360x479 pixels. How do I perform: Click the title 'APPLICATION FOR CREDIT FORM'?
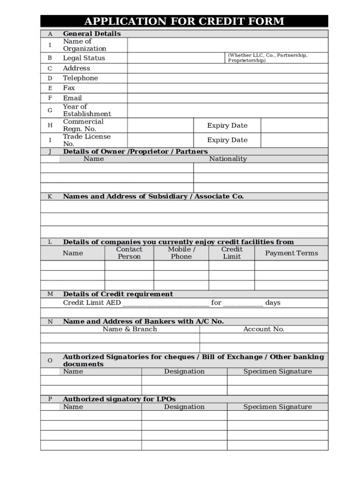coord(184,22)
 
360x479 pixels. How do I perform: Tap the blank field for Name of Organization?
coord(227,45)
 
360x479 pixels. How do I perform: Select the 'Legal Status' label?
coord(84,58)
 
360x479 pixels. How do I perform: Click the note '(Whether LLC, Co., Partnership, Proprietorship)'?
coord(267,58)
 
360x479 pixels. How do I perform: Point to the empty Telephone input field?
coord(227,78)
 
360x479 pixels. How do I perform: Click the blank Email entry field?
coord(227,98)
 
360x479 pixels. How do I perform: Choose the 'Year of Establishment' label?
coord(87,110)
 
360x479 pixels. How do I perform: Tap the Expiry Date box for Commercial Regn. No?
coord(294,125)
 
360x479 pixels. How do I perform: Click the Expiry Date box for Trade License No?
coord(294,140)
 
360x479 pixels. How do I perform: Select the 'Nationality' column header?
coord(228,159)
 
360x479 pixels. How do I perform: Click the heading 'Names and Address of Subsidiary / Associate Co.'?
coord(153,196)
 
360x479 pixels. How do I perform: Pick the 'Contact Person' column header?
coord(129,253)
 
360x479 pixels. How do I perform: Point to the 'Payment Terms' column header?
coord(291,253)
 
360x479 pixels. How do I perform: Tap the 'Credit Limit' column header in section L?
coord(232,253)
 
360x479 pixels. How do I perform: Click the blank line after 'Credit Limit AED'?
coord(166,303)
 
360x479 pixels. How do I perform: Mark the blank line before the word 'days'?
coord(243,303)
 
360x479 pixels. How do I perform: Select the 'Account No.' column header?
coord(264,329)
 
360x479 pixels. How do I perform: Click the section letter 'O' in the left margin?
coord(50,361)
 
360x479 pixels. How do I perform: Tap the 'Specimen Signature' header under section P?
coord(278,407)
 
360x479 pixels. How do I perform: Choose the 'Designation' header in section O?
coord(184,371)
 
